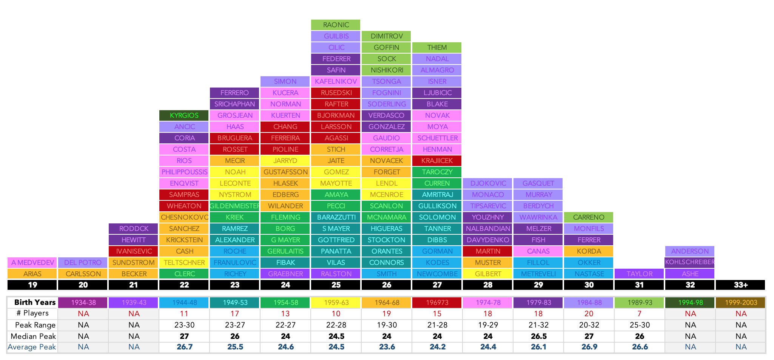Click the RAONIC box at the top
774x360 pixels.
336,25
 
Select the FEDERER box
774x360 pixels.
336,59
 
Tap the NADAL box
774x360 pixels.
437,59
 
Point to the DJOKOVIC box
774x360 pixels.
487,183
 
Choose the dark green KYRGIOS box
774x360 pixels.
184,115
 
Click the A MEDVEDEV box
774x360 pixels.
32,263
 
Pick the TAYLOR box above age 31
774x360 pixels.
639,274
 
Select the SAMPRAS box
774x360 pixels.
184,195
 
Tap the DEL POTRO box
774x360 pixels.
83,263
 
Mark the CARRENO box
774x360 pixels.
589,217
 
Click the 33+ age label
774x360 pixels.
740,285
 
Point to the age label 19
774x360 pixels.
32,285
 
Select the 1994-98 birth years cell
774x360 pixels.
690,303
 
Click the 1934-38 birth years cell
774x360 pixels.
83,303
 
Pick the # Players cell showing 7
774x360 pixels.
639,314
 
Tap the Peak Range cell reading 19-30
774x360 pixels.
387,325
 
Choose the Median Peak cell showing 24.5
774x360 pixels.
336,336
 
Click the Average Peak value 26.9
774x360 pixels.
589,347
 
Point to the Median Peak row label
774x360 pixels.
33,336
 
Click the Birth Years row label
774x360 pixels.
35,302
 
